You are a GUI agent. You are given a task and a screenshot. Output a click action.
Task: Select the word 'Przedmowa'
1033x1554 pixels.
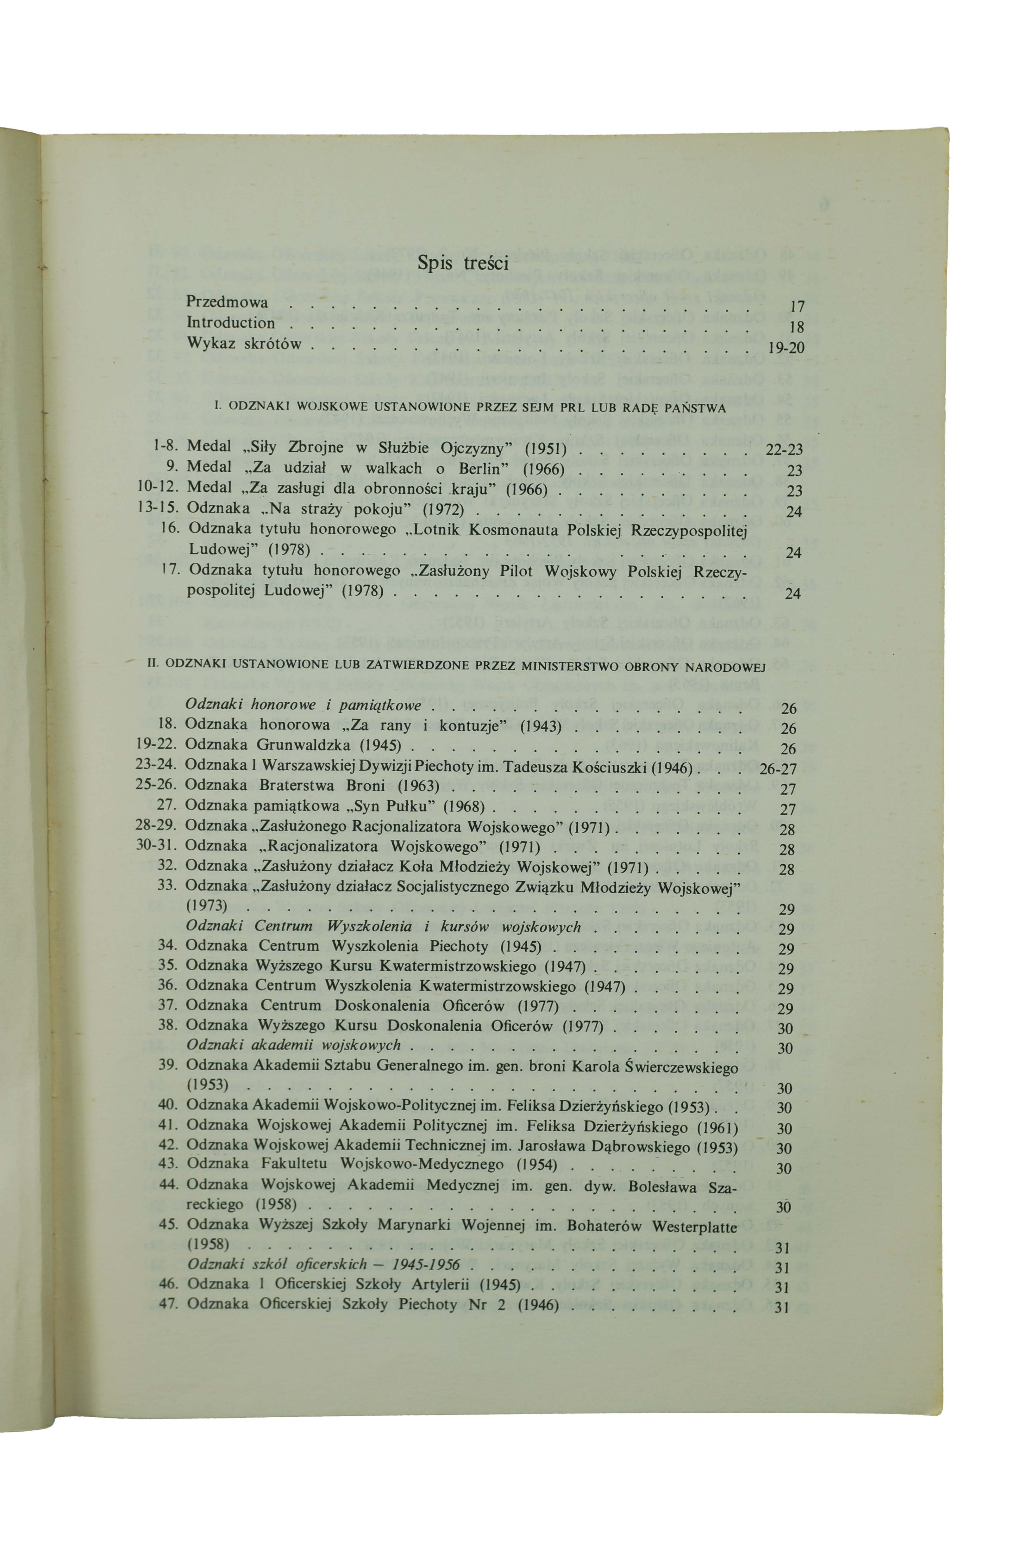(227, 302)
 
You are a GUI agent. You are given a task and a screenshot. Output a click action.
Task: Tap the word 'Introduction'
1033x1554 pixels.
(231, 323)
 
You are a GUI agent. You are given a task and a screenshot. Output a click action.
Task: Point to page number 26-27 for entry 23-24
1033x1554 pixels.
(778, 769)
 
